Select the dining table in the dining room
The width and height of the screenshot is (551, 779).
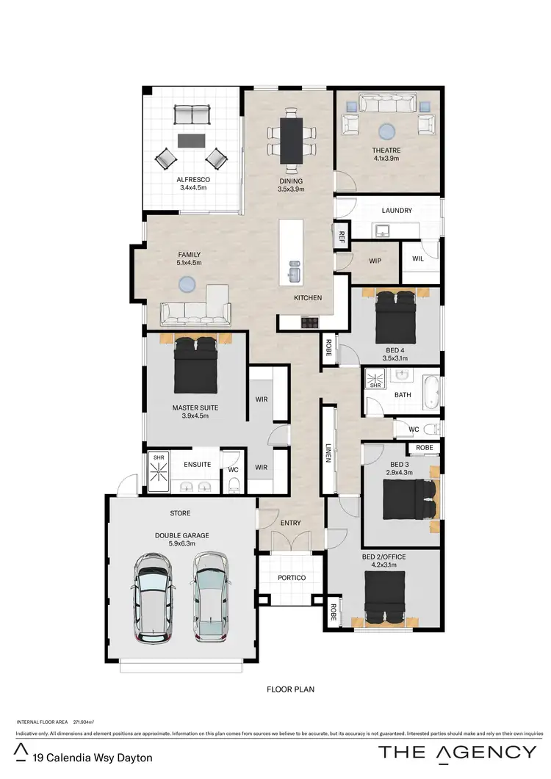tap(292, 140)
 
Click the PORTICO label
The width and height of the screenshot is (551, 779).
tap(292, 578)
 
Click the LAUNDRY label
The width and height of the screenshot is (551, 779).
tap(397, 211)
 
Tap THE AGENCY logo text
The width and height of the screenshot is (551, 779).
tap(457, 751)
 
